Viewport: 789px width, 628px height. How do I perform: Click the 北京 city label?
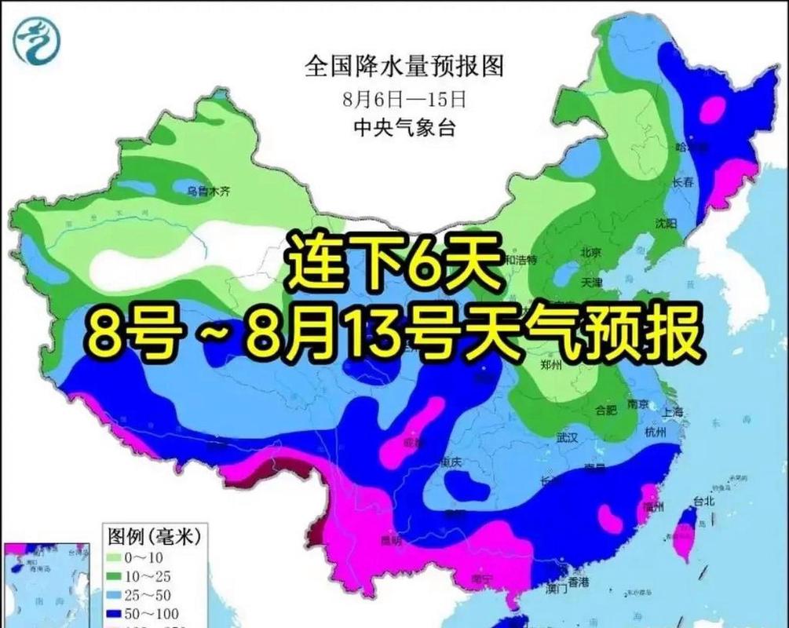tap(590, 252)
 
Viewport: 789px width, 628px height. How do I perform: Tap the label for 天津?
tap(590, 282)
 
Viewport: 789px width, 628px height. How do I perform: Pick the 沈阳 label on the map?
tap(666, 224)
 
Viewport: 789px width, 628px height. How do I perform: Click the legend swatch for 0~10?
tap(119, 557)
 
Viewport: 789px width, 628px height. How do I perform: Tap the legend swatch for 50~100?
tap(119, 613)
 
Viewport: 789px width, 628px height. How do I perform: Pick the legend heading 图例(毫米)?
tap(153, 537)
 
